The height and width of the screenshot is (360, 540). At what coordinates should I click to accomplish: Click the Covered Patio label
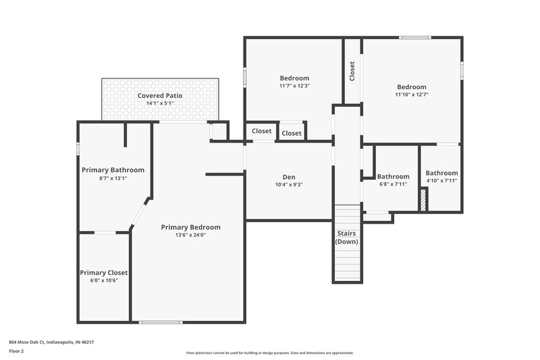coord(160,96)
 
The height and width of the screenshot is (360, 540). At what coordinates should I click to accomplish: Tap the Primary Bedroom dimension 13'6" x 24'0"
coord(190,236)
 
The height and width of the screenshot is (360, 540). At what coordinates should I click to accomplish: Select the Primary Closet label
coord(103,272)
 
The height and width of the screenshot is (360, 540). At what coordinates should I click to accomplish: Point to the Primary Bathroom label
coord(113,170)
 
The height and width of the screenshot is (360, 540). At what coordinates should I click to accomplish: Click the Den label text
coord(289,176)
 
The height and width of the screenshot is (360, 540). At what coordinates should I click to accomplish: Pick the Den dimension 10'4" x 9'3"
coord(289,184)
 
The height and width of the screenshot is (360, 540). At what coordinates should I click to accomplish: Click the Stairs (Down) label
coord(347,237)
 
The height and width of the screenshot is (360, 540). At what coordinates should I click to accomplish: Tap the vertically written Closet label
coord(352,72)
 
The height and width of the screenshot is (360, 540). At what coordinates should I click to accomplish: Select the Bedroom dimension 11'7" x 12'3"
coord(294,86)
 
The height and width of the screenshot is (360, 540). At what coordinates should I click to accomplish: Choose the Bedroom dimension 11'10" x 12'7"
coord(411,95)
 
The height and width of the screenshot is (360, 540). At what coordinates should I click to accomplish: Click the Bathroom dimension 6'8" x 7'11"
coord(393,184)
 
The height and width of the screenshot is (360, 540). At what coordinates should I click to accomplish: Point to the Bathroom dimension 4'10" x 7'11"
coord(441,180)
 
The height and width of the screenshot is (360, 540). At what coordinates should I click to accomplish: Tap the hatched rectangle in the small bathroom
coord(423,201)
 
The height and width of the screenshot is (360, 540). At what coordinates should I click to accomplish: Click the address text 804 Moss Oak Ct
coord(51,342)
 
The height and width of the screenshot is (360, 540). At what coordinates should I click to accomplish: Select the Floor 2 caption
coord(17,351)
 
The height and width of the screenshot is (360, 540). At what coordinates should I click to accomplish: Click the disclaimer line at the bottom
coord(269,353)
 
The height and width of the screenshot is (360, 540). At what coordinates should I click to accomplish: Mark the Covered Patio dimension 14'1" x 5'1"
coord(160,103)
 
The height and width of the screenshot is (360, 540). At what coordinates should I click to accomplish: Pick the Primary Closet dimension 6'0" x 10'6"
coord(103,280)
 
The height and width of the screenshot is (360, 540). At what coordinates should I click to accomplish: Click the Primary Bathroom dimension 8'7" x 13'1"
coord(113,178)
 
